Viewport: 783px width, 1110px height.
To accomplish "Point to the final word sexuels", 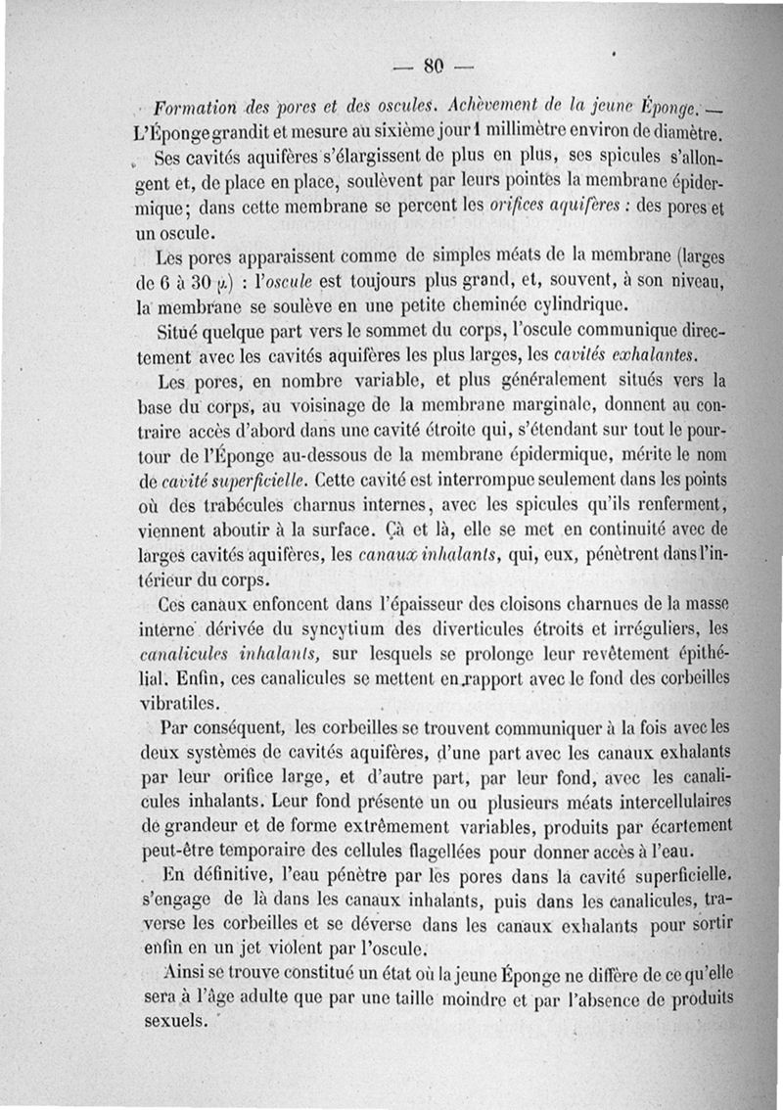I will pyautogui.click(x=174, y=1021).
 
